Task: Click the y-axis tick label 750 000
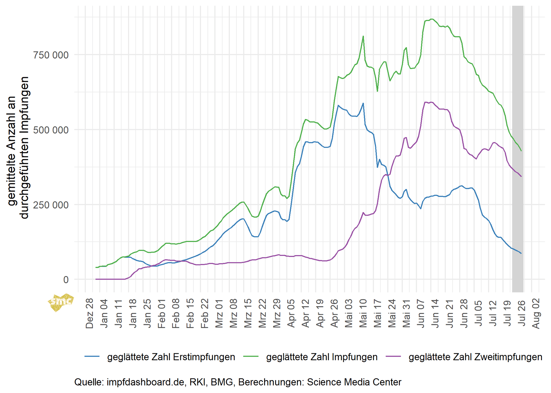pos(51,55)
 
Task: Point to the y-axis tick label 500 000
pos(51,130)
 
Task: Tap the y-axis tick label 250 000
pos(51,205)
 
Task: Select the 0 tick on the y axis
pos(66,280)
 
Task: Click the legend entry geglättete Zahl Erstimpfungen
pos(171,357)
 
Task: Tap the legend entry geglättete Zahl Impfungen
pos(322,357)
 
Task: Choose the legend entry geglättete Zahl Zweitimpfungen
pos(475,357)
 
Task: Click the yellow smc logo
pos(61,302)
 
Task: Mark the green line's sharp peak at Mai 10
pos(363,36)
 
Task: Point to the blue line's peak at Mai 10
pos(363,103)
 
